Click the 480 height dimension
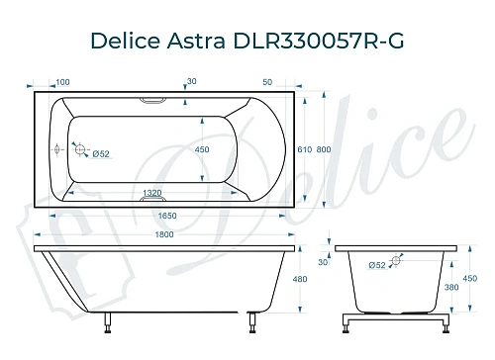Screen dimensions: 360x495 301,280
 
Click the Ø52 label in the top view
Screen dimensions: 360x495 99,153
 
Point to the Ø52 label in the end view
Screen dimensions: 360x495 376,265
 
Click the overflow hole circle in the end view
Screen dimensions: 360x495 397,263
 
